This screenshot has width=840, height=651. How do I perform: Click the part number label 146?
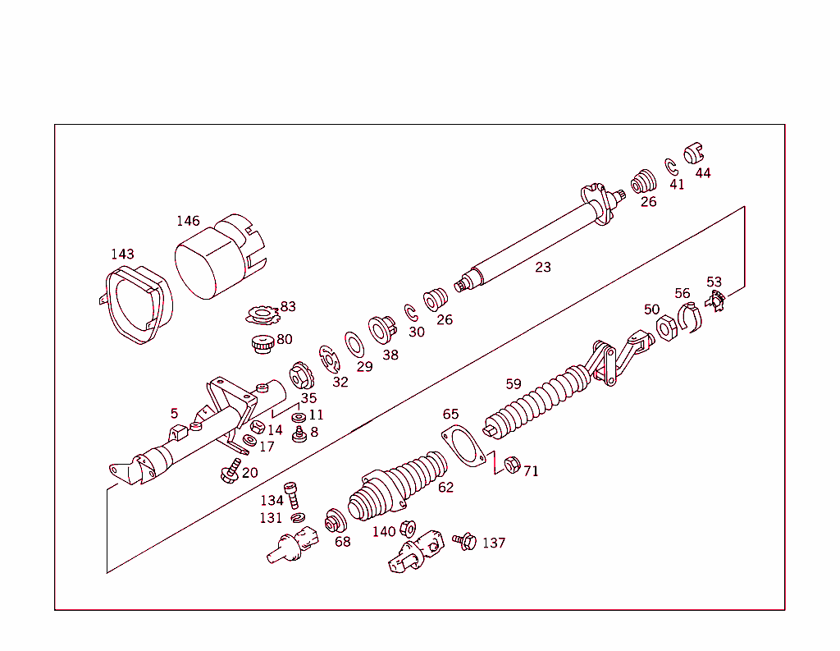188,221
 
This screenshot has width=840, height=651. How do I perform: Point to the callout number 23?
543,267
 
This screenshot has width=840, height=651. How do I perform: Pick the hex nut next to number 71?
510,465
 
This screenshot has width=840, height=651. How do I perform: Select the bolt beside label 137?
464,541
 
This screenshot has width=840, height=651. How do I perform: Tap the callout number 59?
514,383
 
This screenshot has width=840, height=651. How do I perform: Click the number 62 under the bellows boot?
445,488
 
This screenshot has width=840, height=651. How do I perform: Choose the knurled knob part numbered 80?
262,345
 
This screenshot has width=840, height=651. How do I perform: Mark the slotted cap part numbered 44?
694,154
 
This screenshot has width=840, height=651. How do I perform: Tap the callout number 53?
714,282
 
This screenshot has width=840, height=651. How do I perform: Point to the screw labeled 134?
293,496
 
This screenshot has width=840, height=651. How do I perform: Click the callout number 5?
174,413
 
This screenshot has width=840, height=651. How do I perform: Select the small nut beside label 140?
408,530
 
